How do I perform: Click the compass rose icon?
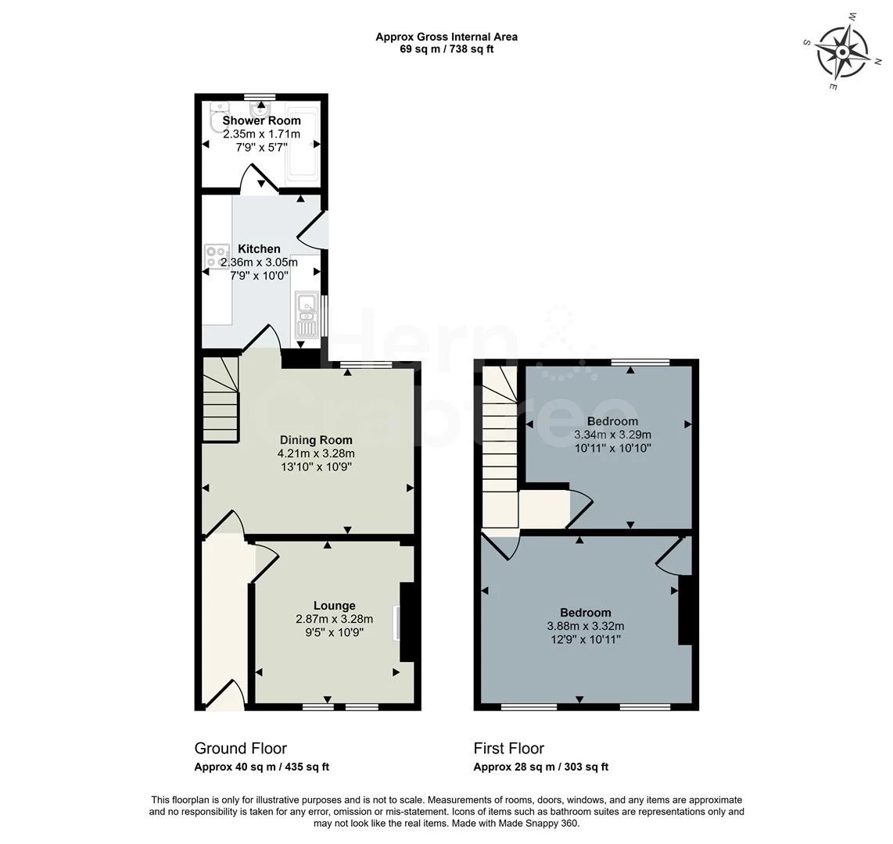[x=842, y=52]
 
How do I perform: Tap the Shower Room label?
[x=261, y=120]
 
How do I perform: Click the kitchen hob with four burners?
[x=214, y=256]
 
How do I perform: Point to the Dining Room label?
[x=315, y=440]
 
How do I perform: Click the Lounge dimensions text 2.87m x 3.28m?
[x=334, y=619]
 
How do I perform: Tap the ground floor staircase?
[x=221, y=400]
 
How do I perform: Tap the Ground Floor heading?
[x=240, y=749]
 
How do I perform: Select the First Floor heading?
[x=508, y=749]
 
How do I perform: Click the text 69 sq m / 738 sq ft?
[x=446, y=49]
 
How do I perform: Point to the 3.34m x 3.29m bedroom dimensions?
[x=612, y=435]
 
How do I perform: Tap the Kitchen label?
[x=259, y=249]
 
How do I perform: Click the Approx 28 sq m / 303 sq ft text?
[x=540, y=767]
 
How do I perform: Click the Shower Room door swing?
[x=258, y=178]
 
